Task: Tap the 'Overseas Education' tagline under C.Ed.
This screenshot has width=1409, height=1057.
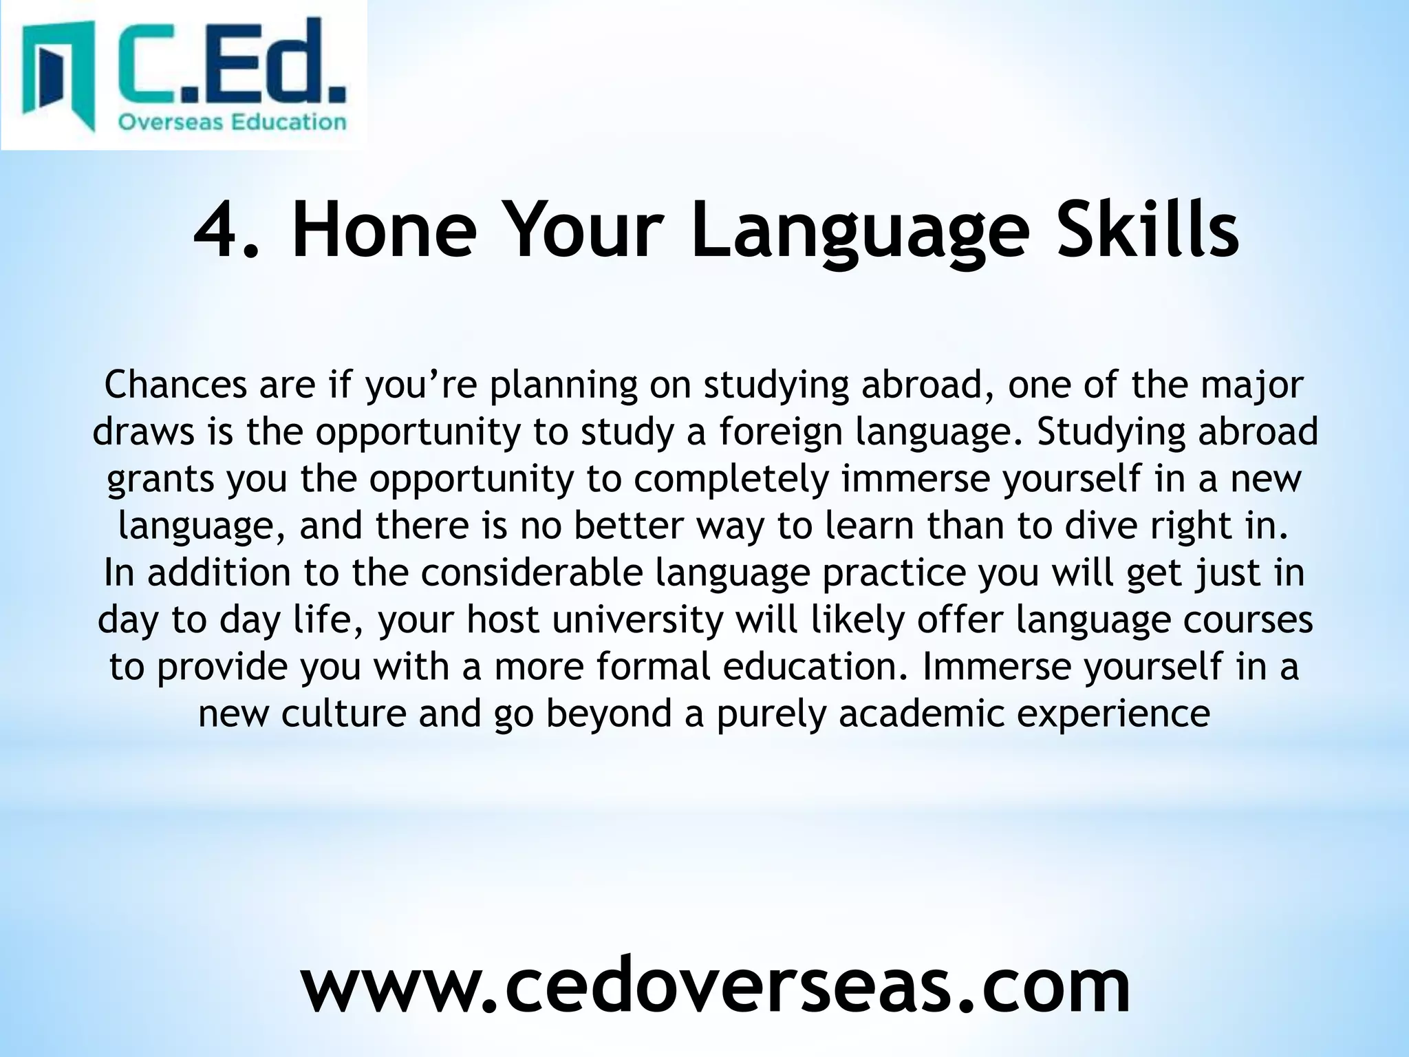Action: point(232,122)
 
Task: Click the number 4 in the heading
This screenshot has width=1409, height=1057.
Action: point(219,228)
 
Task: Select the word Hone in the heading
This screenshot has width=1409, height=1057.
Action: point(384,228)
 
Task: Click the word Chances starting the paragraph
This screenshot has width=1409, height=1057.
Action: point(175,385)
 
